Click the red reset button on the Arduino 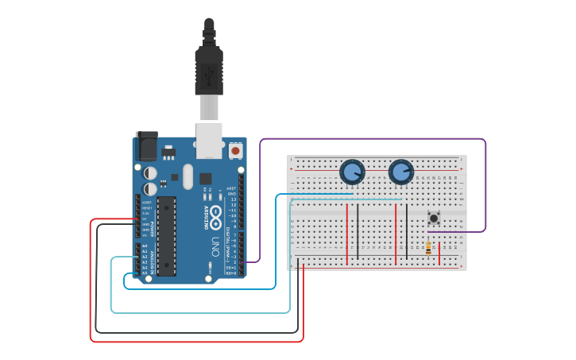click(235, 150)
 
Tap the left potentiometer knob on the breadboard click(352, 172)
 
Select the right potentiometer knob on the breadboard click(401, 172)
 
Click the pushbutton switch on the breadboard click(434, 217)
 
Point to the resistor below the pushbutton click(429, 248)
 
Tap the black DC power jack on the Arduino click(147, 147)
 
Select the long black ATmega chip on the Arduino click(166, 236)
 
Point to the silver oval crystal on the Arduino click(187, 176)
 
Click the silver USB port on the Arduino click(210, 139)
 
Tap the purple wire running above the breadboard click(373, 139)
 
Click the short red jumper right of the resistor click(439, 254)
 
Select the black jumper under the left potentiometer click(358, 231)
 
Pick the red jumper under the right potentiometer click(396, 231)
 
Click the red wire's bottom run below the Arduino click(199, 342)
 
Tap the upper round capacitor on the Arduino click(150, 172)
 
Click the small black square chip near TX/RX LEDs click(205, 179)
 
